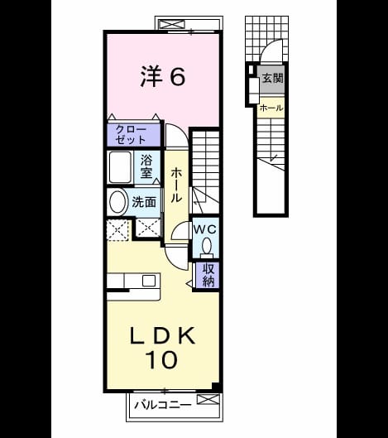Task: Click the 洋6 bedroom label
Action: pos(162,76)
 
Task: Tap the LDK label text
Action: pos(162,335)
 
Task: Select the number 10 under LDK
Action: pos(161,359)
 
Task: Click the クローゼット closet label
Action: pos(131,135)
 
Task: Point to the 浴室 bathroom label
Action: pos(146,166)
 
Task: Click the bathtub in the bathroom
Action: pos(120,167)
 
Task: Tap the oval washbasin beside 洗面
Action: pos(117,202)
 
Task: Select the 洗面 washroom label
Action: pos(144,202)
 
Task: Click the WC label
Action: pos(205,229)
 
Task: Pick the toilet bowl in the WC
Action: pos(207,246)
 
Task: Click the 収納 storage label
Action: pos(208,275)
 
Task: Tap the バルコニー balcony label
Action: pos(163,405)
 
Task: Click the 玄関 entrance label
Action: pos(273,78)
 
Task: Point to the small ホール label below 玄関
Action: pos(271,108)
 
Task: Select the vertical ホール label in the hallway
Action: pos(176,185)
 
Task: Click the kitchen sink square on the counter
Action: pos(149,281)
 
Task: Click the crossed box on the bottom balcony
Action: pos(208,399)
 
